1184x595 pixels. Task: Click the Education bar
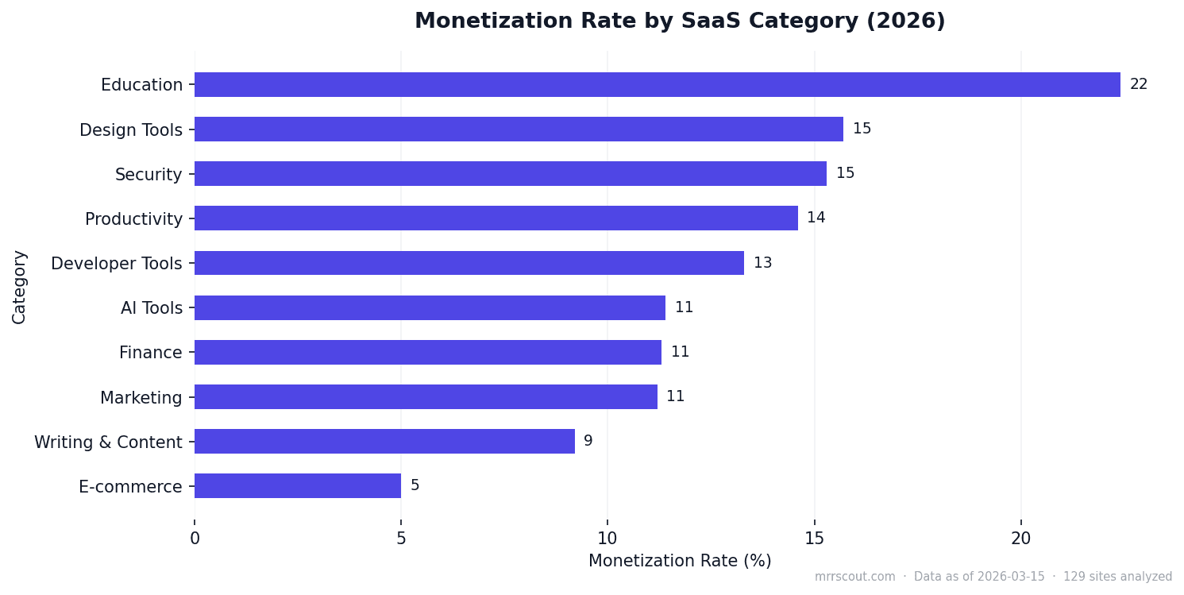pyautogui.click(x=657, y=85)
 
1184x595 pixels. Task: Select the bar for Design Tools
pyautogui.click(x=519, y=129)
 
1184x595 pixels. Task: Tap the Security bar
pyautogui.click(x=510, y=174)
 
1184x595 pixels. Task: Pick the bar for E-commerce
pyautogui.click(x=298, y=486)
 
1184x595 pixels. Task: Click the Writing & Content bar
pyautogui.click(x=384, y=442)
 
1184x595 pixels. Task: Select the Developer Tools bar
pyautogui.click(x=469, y=263)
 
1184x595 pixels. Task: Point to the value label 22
pyautogui.click(x=1139, y=85)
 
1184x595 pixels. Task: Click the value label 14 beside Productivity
pyautogui.click(x=816, y=218)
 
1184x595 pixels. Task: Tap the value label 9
pyautogui.click(x=588, y=442)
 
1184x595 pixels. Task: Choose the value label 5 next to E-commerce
pyautogui.click(x=415, y=486)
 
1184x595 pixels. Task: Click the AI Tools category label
pyautogui.click(x=152, y=308)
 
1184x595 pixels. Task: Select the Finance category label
pyautogui.click(x=150, y=353)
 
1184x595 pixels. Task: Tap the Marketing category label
pyautogui.click(x=141, y=397)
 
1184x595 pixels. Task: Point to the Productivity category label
pyautogui.click(x=133, y=219)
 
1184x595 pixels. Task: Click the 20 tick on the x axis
pyautogui.click(x=1020, y=539)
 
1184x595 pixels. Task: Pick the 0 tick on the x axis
pyautogui.click(x=195, y=539)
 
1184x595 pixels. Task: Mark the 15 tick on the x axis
pyautogui.click(x=814, y=539)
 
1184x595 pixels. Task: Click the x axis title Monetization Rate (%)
pyautogui.click(x=680, y=561)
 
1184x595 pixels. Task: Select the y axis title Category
pyautogui.click(x=19, y=287)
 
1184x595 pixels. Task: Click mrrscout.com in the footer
pyautogui.click(x=854, y=578)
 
